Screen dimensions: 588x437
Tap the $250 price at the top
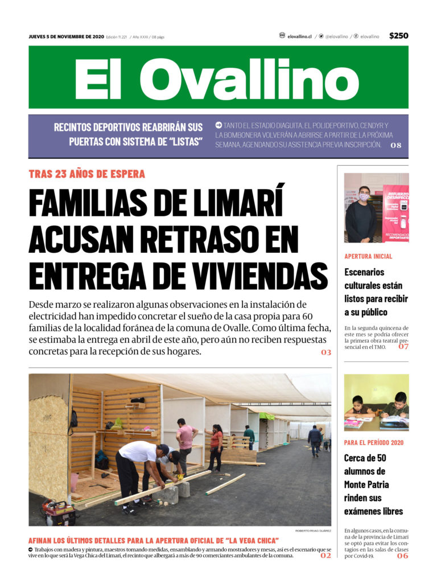click(x=398, y=36)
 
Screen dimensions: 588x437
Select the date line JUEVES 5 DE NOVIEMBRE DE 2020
click(x=67, y=36)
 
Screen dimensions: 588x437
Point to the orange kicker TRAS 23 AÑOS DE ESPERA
click(x=87, y=174)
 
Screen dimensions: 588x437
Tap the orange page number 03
click(x=325, y=352)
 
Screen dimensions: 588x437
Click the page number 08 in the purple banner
click(x=396, y=145)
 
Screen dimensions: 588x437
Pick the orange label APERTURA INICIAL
click(x=368, y=256)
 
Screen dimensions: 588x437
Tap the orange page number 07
click(x=403, y=346)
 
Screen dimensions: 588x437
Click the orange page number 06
click(x=402, y=556)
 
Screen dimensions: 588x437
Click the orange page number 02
click(x=325, y=555)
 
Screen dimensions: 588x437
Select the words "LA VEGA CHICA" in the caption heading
click(x=244, y=540)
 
